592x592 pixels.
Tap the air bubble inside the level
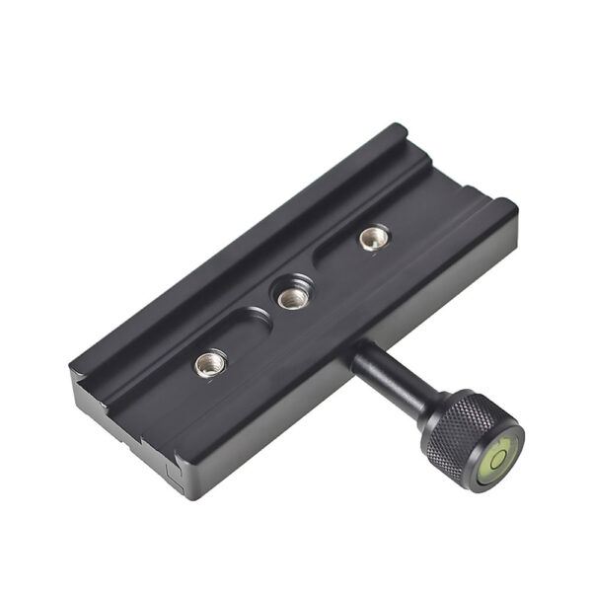(x=499, y=457)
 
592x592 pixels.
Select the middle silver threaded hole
(x=290, y=297)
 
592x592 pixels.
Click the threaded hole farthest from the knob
(x=374, y=237)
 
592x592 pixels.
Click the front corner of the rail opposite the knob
(x=77, y=366)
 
